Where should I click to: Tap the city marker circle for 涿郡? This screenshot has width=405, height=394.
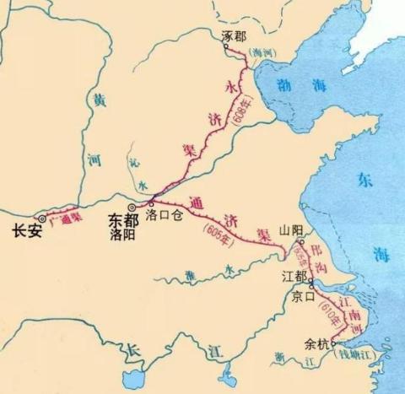(x=226, y=49)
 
